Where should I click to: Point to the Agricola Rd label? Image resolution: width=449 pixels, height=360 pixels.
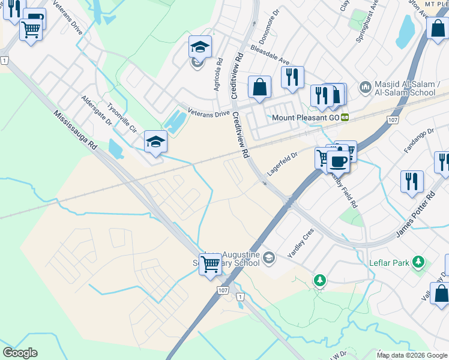218,74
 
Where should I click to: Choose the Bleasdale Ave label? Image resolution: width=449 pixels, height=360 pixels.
270,55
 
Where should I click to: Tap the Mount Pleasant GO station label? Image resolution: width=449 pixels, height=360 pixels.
306,118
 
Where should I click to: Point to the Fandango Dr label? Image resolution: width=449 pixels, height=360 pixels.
419,140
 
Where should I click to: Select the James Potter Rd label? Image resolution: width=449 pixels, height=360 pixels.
415,214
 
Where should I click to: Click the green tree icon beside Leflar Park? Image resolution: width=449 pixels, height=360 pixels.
418,262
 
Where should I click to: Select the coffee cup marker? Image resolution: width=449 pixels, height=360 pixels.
339,161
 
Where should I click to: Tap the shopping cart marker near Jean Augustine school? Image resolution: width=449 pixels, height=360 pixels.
210,264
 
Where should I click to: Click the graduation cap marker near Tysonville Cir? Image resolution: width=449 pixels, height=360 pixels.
155,142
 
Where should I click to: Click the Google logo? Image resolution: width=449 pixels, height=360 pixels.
20,353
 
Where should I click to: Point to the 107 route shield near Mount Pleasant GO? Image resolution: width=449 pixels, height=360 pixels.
393,120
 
